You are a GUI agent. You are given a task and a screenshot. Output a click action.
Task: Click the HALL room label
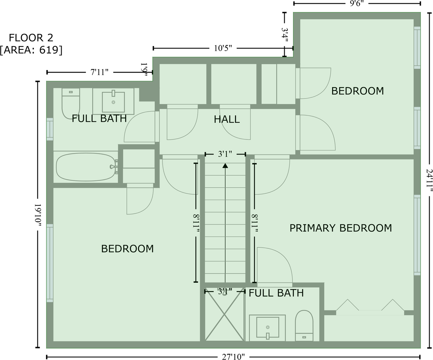tap(227, 119)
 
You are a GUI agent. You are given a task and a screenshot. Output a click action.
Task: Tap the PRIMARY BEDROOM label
tap(341, 228)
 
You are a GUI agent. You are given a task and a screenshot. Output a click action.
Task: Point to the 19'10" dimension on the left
tap(38, 215)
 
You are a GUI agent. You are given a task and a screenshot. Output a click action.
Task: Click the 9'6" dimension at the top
tap(357, 3)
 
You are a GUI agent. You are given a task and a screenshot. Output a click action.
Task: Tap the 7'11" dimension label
tap(99, 72)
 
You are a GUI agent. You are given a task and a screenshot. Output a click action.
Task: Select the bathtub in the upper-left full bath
tap(86, 167)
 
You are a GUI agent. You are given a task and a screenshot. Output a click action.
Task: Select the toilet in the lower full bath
tap(304, 325)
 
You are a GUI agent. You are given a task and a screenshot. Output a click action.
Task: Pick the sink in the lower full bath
tap(267, 327)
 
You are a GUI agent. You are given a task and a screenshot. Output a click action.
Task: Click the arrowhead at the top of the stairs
tap(225, 166)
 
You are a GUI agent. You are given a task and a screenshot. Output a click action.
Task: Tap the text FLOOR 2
tap(31, 38)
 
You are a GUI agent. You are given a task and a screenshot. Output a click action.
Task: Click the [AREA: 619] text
tap(31, 50)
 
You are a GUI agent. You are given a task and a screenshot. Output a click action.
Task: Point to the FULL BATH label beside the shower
tap(276, 293)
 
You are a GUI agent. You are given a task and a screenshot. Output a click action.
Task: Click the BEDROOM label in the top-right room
tap(357, 91)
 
